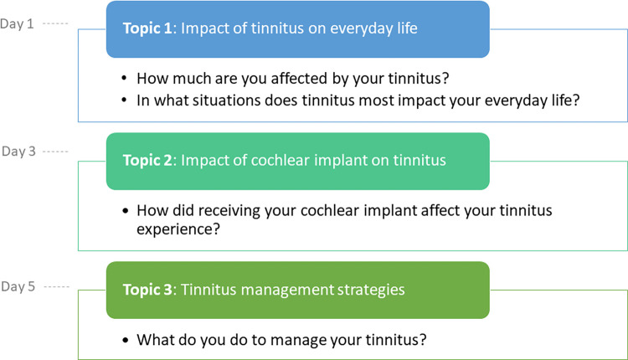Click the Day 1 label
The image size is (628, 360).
[17, 24]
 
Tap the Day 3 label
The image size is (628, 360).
[18, 152]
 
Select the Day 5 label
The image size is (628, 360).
[18, 286]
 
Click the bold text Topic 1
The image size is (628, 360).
[147, 28]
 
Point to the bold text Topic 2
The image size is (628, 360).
[147, 160]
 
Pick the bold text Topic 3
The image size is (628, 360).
[147, 290]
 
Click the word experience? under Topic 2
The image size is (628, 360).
[178, 230]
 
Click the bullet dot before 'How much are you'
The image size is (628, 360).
[124, 78]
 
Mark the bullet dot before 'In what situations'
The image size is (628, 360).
[124, 100]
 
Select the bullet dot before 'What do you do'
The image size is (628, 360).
[126, 340]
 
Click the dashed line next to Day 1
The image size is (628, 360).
[55, 23]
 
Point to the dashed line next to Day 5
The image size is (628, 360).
[56, 286]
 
